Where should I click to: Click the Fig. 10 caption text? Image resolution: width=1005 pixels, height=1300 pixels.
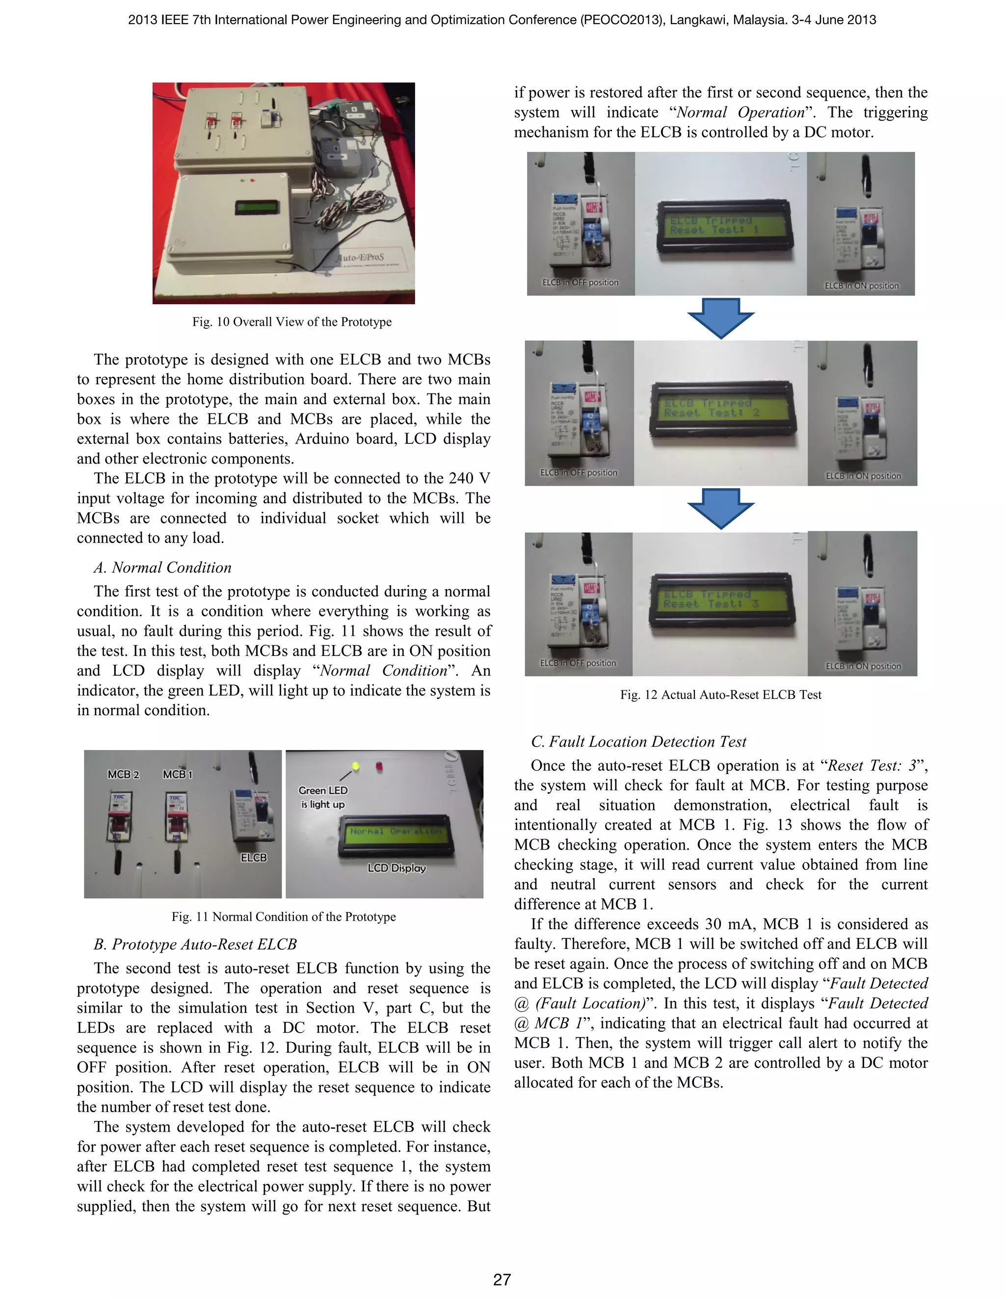click(x=292, y=322)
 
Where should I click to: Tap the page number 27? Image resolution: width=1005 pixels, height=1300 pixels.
click(x=502, y=1279)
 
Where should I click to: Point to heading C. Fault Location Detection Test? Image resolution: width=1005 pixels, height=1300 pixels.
click(x=638, y=742)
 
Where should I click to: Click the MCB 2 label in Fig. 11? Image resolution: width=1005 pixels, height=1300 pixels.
click(x=123, y=775)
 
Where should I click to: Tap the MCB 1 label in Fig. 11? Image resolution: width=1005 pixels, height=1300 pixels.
click(x=178, y=775)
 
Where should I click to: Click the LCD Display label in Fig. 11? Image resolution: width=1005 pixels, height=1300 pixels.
click(x=397, y=868)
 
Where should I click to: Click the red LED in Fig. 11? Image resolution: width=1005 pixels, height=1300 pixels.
click(x=379, y=767)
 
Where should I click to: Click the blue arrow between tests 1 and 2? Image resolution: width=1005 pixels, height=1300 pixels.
click(x=720, y=318)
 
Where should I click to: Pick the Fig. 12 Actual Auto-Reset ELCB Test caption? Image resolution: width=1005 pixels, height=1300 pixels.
click(x=720, y=695)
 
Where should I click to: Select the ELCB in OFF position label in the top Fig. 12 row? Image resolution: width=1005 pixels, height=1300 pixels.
click(x=580, y=283)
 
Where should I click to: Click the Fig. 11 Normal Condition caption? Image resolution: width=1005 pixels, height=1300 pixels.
click(x=284, y=917)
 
